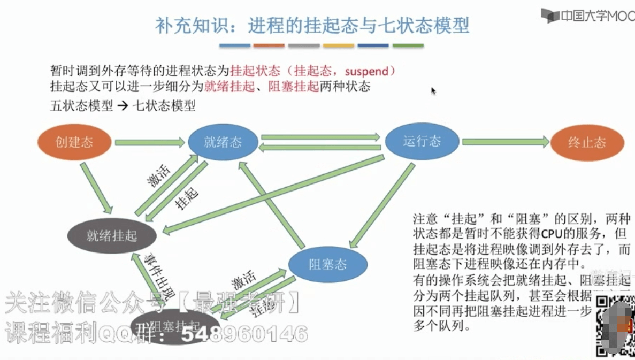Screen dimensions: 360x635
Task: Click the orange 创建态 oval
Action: tap(74, 142)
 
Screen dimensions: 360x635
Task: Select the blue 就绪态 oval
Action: tap(223, 142)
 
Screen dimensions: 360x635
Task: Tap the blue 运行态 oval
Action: tap(422, 141)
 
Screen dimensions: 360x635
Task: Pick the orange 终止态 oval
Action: tap(587, 143)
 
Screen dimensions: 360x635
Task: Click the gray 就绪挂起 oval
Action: tap(112, 235)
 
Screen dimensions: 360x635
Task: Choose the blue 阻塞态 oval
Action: tap(327, 265)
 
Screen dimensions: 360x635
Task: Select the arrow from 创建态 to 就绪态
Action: tap(150, 143)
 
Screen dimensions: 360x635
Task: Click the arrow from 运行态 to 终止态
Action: tap(506, 142)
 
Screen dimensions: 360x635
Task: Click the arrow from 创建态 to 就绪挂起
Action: tap(97, 188)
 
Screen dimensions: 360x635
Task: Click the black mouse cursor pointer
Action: tap(433, 91)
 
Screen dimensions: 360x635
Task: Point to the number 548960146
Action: tap(244, 334)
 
